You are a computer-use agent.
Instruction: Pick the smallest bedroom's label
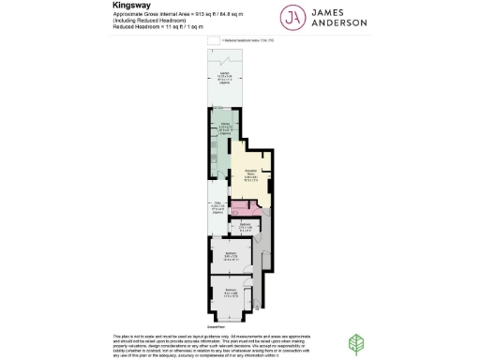point(243,226)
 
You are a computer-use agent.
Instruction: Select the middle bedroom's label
point(232,255)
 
